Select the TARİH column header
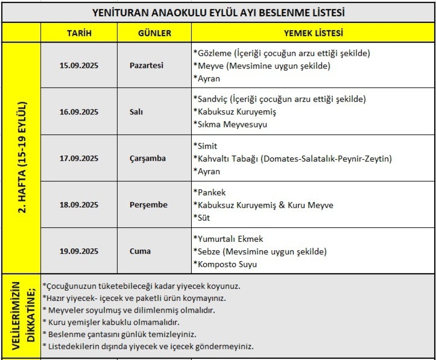[79, 33]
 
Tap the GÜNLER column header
[154, 33]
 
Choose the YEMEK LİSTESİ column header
[314, 33]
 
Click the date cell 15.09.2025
[79, 66]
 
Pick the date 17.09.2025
[79, 158]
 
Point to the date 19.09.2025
[79, 251]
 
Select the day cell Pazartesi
[146, 66]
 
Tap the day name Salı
[136, 112]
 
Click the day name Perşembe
[148, 205]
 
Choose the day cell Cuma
[140, 251]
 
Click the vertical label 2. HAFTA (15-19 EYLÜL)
[22, 158]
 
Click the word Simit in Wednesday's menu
[207, 146]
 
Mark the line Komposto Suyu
[226, 264]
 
